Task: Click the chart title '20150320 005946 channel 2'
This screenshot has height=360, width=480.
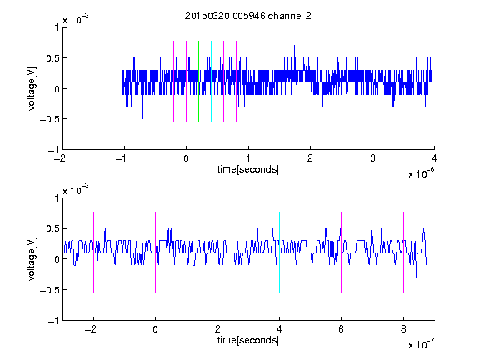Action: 248,16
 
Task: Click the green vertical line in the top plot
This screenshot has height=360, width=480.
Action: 198,82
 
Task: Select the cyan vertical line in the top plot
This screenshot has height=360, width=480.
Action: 211,82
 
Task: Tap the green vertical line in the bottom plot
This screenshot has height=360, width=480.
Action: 217,252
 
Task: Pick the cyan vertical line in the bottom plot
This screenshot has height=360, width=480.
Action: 279,252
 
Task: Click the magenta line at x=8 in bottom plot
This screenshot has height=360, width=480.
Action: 403,252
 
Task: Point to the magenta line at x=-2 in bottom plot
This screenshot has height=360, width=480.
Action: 93,252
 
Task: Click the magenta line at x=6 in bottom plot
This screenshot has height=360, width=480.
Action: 342,252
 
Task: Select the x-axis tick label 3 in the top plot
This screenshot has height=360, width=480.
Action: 372,158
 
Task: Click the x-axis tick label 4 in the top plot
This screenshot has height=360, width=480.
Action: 434,158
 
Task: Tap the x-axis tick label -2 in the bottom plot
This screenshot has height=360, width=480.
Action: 90,329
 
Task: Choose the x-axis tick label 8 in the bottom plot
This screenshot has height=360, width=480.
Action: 403,329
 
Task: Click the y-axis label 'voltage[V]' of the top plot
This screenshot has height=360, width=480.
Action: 32,88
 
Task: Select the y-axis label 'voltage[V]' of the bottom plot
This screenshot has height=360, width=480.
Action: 32,258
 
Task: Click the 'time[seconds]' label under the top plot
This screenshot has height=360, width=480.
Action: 248,169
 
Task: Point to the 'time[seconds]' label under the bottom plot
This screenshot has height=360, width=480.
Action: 248,340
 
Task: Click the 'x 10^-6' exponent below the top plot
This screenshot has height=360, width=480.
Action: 421,172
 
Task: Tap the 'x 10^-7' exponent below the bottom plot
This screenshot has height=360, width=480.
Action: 421,343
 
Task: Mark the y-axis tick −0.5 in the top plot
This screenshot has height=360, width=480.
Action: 49,119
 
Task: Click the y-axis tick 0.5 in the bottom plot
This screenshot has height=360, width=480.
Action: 52,228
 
